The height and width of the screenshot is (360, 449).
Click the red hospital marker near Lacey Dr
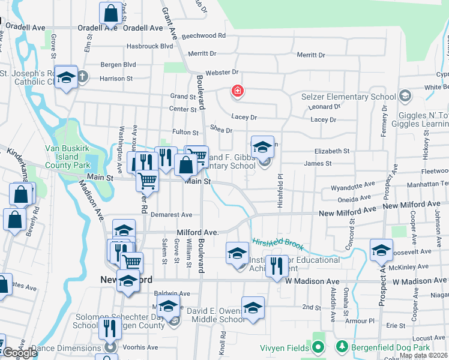[x=238, y=92]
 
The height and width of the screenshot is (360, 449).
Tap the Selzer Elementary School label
[x=348, y=97]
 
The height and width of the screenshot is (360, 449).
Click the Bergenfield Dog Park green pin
[x=342, y=347]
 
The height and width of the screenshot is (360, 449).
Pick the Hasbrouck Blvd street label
[x=149, y=46]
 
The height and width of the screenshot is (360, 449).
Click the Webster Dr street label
[x=218, y=73]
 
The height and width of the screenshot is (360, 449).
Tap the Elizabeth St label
[x=331, y=151]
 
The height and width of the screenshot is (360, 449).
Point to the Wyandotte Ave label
[x=356, y=184]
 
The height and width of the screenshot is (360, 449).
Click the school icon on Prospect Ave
[x=381, y=251]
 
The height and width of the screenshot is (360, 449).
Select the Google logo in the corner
[x=19, y=353]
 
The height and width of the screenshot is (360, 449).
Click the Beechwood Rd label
[x=204, y=36]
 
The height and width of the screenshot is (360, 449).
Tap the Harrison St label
[x=116, y=79]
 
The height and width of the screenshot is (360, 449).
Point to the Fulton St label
[x=185, y=132]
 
